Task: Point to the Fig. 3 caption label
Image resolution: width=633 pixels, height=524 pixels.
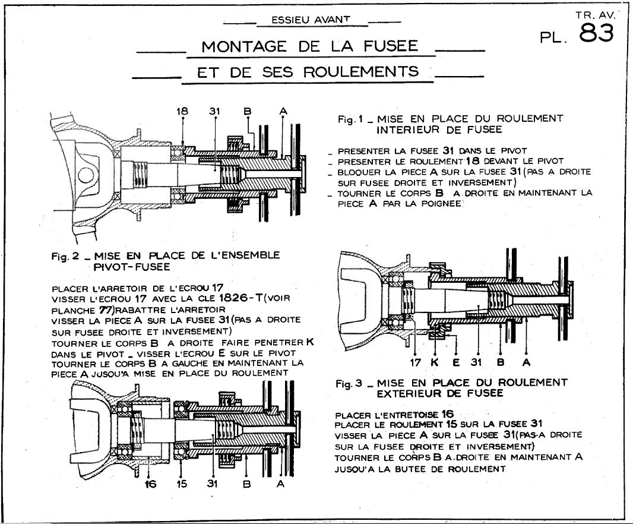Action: coord(349,383)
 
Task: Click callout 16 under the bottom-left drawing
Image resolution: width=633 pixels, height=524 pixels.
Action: coord(150,484)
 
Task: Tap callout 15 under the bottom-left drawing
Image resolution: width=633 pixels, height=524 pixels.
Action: coord(181,484)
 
